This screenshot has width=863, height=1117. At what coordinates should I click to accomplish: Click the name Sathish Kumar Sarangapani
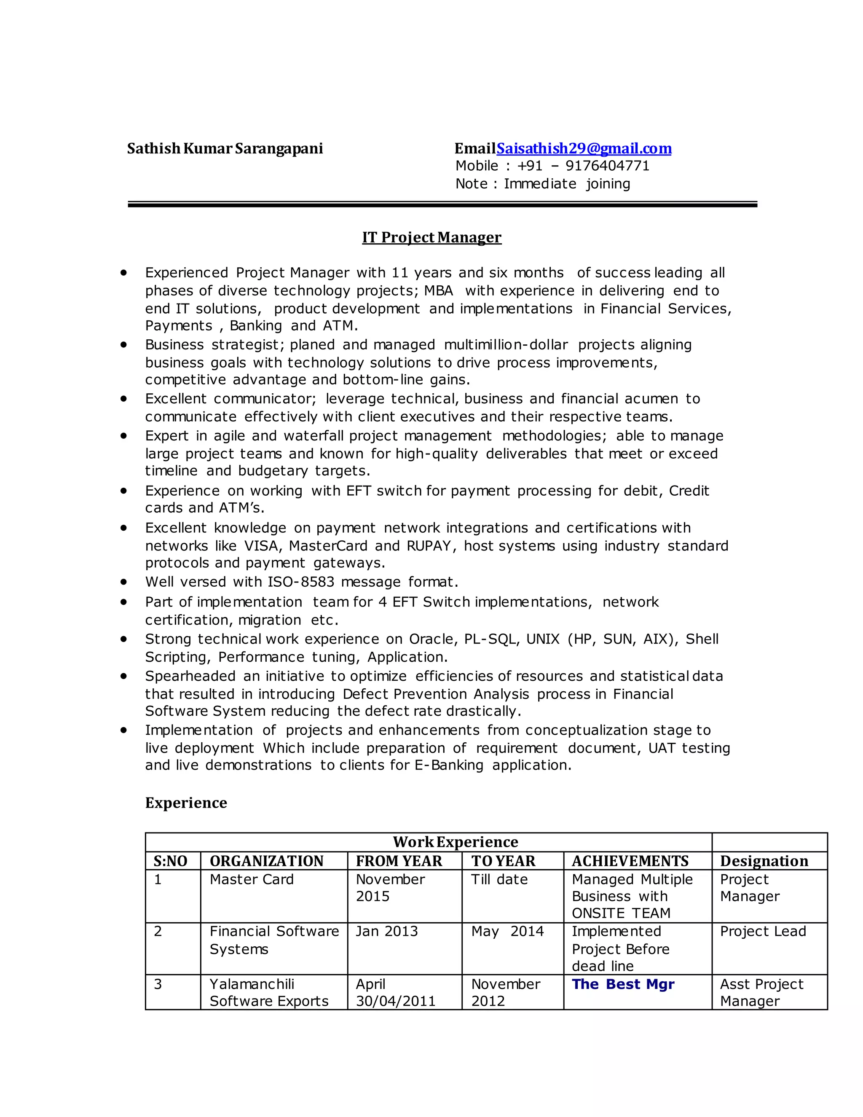225,149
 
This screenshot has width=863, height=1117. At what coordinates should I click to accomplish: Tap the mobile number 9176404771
607,166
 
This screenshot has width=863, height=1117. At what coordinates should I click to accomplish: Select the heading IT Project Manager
431,237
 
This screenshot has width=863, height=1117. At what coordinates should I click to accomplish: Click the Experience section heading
186,803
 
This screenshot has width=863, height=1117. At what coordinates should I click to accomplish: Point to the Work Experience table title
455,842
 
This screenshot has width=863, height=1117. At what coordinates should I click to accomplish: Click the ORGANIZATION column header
266,861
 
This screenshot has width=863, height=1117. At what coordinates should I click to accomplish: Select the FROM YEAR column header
399,861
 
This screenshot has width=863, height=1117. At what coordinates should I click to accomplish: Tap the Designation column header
764,861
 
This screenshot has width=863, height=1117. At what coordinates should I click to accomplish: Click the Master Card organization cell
252,880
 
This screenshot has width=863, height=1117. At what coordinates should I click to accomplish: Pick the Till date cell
499,880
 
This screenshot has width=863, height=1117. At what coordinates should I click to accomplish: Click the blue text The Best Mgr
623,985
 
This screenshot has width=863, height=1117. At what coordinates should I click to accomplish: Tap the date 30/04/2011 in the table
395,1002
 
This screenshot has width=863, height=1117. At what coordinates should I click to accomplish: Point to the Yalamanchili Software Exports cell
269,993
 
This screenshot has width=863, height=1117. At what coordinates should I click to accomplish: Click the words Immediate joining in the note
566,184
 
